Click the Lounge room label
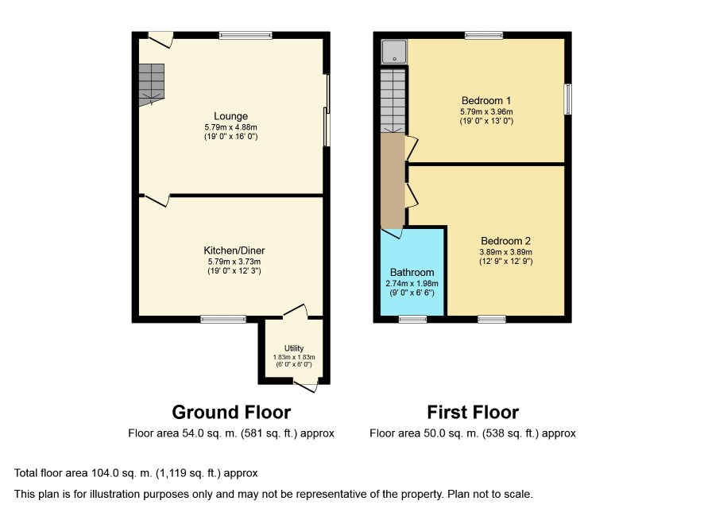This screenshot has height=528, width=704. pyautogui.click(x=230, y=116)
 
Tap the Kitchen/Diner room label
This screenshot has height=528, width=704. pyautogui.click(x=234, y=250)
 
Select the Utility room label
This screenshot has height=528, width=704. pyautogui.click(x=294, y=348)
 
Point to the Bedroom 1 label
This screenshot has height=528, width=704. pyautogui.click(x=486, y=101)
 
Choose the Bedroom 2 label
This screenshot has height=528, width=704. pyautogui.click(x=505, y=241)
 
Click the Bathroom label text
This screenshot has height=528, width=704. pyautogui.click(x=412, y=272)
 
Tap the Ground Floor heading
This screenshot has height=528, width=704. pyautogui.click(x=231, y=412)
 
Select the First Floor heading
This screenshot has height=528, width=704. pyautogui.click(x=473, y=412)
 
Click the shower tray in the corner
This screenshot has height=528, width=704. pyautogui.click(x=394, y=52)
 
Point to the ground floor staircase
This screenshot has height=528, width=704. pyautogui.click(x=151, y=84)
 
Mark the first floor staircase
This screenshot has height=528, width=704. pyautogui.click(x=393, y=101)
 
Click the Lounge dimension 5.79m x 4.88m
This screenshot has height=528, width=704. pyautogui.click(x=230, y=127)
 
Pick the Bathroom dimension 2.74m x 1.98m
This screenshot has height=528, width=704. pyautogui.click(x=412, y=284)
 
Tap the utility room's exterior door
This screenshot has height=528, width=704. pyautogui.click(x=307, y=386)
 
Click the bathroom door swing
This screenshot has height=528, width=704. pyautogui.click(x=392, y=233)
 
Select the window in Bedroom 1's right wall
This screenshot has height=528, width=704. pyautogui.click(x=568, y=99)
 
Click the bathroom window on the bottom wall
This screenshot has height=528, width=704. pyautogui.click(x=413, y=320)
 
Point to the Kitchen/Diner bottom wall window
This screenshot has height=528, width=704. pyautogui.click(x=223, y=320)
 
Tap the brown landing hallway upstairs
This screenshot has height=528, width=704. pyautogui.click(x=393, y=181)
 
